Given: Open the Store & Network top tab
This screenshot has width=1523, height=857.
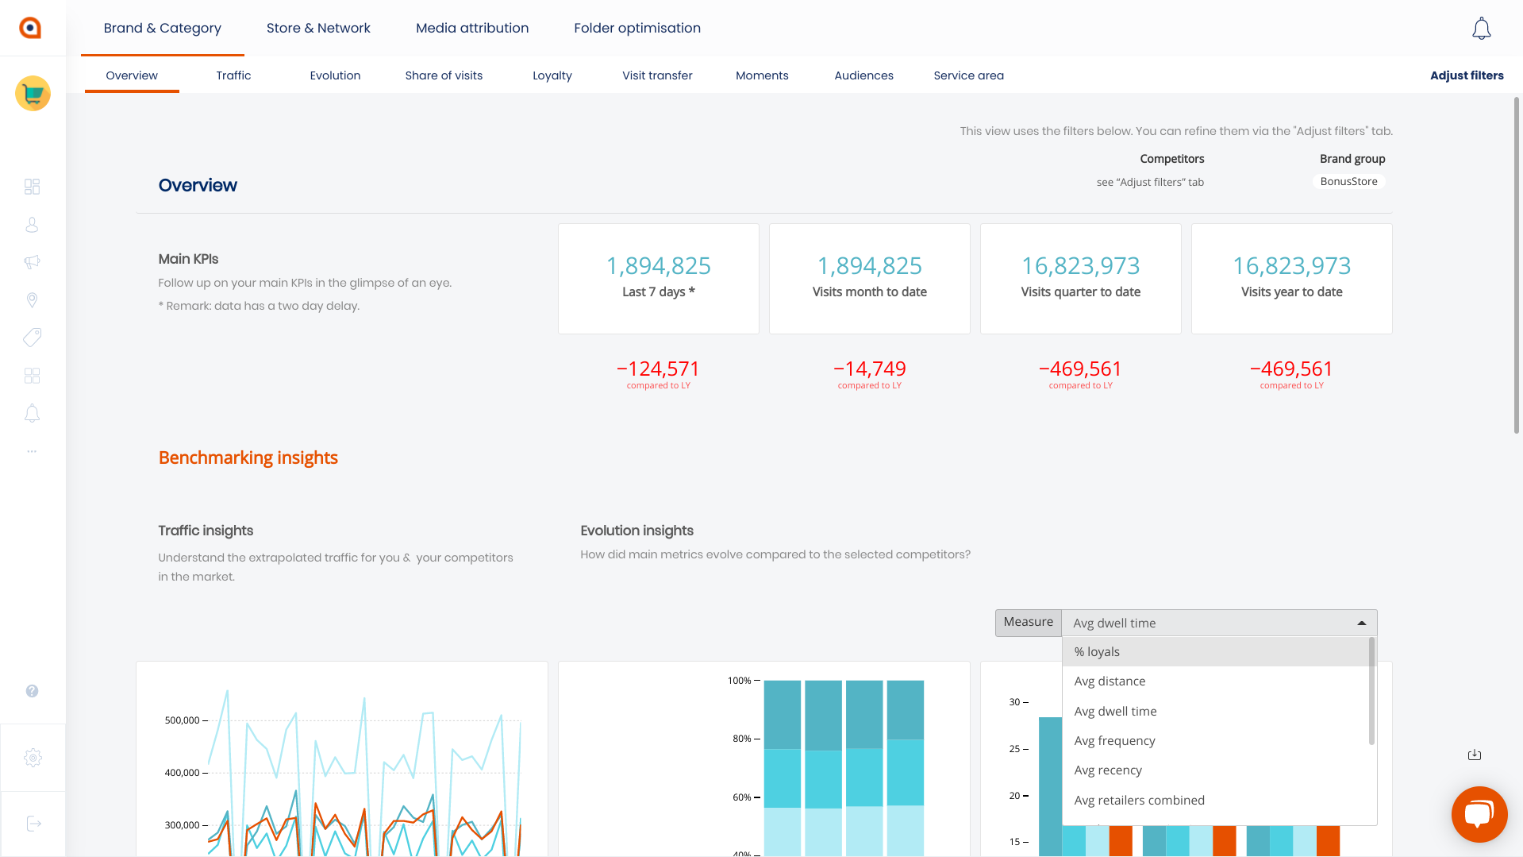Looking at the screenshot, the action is coord(318,28).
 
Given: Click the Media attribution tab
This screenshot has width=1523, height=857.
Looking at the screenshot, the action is coord(472,28).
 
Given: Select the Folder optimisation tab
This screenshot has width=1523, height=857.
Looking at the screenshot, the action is coord(637,28).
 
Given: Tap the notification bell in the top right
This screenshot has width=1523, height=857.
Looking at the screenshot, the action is coord(1481,29).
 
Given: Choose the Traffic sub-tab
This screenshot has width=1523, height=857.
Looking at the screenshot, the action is coord(233,75).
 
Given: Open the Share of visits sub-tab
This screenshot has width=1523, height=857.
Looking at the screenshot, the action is coord(444,75).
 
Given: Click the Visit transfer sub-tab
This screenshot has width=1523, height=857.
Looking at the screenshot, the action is coord(657,75).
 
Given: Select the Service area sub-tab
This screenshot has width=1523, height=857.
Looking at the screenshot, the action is coord(968,75).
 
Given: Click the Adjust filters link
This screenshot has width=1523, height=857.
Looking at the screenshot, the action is coord(1467,75).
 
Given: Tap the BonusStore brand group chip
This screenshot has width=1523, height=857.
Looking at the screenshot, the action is coord(1348,182).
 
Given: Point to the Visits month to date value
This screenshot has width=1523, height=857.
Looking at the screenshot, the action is coord(870,265).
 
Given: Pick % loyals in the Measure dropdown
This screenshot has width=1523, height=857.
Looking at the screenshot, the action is coord(1097,652).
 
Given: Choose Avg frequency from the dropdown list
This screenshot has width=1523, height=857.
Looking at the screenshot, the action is coord(1114,741).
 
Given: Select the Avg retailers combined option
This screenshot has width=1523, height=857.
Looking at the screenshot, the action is coord(1139,801).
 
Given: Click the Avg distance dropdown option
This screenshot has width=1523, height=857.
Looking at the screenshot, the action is coord(1110,681).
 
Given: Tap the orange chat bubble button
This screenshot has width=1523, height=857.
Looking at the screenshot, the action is coord(1479,814).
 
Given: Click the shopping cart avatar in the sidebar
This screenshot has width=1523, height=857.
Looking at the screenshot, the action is coord(33,94).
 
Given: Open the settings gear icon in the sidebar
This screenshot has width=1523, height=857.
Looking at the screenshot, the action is coord(33,758).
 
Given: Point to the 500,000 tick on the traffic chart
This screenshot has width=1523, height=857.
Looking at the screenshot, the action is coord(183,720).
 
